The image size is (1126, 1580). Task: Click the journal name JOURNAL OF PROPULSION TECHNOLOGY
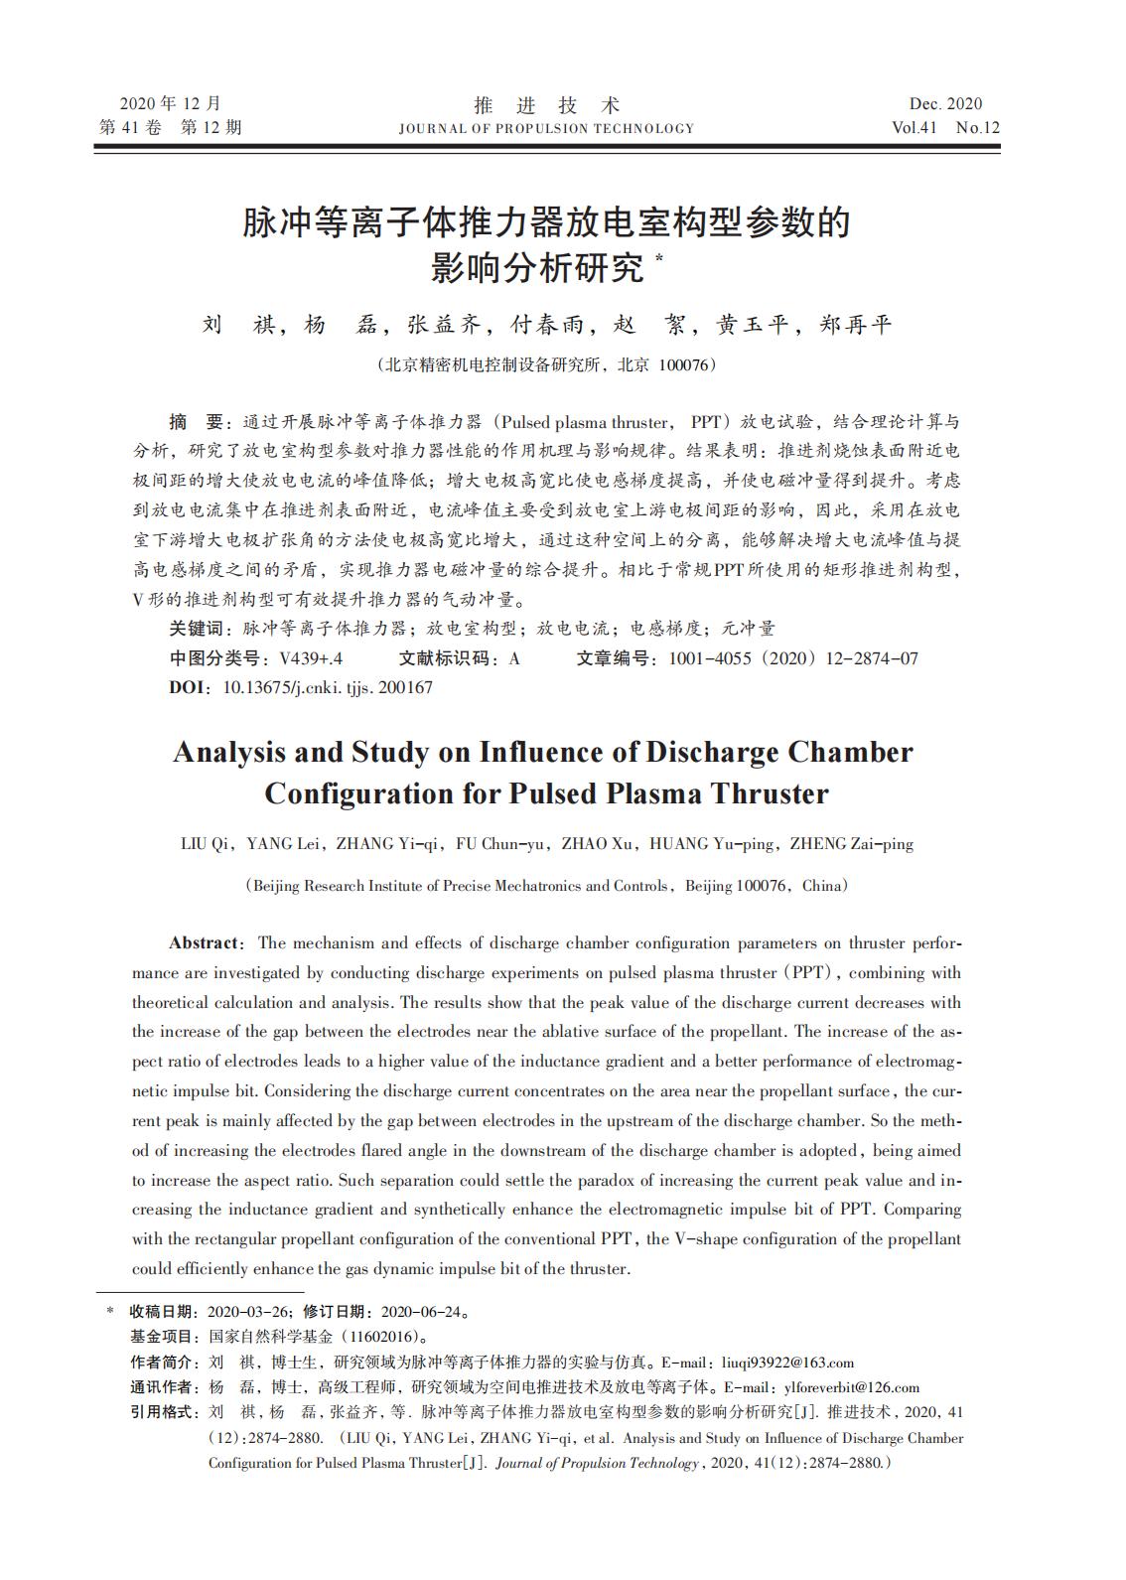(x=546, y=128)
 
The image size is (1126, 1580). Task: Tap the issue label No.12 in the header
(x=977, y=127)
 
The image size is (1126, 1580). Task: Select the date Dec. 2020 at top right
(x=945, y=104)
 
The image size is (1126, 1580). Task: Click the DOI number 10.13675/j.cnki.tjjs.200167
(x=328, y=687)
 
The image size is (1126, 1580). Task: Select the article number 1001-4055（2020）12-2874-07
(x=792, y=658)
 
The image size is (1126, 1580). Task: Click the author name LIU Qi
(x=206, y=844)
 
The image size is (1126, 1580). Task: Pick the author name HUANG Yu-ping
(x=712, y=844)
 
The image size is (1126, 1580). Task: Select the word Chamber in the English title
(x=850, y=752)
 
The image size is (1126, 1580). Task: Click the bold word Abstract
(x=205, y=942)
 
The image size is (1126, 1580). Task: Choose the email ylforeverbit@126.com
(x=851, y=1387)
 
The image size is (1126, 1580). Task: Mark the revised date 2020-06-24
(x=422, y=1312)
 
